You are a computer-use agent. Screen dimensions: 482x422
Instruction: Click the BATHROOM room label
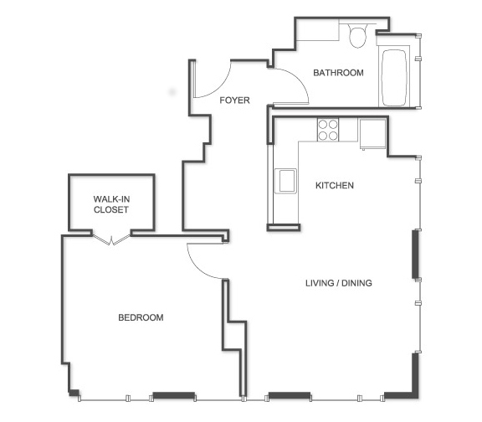pos(338,73)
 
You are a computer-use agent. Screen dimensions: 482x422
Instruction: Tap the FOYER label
pos(234,100)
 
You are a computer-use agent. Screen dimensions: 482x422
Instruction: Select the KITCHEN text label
pos(335,186)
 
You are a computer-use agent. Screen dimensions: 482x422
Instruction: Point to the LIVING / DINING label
pos(338,283)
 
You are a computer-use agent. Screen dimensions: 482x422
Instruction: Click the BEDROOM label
pos(141,317)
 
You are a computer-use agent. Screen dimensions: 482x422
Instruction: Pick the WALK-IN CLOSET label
pos(111,204)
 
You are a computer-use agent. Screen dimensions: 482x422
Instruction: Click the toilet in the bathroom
pos(357,35)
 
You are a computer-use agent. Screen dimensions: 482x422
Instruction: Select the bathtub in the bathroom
pos(394,78)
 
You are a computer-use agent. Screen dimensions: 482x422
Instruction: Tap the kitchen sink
pos(285,181)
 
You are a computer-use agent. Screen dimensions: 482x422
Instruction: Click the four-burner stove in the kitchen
pos(328,130)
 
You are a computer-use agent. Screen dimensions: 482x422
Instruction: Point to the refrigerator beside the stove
pos(373,133)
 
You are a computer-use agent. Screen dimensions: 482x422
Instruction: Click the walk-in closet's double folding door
pos(111,239)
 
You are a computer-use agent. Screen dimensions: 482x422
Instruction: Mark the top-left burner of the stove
pos(323,125)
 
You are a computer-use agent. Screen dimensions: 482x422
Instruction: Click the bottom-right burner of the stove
pos(333,136)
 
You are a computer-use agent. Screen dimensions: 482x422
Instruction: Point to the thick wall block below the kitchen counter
pos(284,228)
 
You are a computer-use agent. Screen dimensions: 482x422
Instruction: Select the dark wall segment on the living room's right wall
pos(415,254)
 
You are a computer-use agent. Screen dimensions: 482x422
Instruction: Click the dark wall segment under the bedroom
pos(174,395)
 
